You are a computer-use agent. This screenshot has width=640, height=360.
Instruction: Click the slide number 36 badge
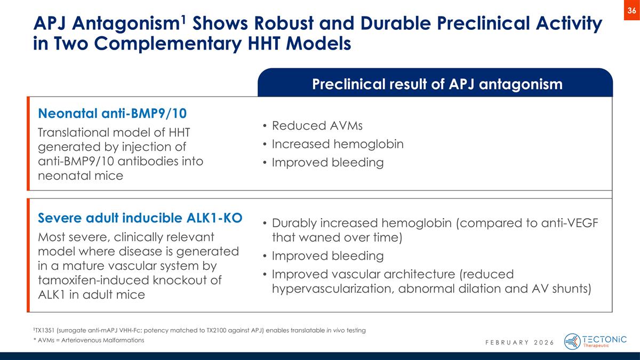pos(631,11)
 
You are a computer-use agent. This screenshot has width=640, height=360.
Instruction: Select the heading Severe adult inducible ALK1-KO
pos(140,218)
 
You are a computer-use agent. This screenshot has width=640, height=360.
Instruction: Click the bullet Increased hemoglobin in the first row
pos(337,144)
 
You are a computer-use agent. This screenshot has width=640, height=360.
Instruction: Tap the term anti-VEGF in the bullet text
pos(569,222)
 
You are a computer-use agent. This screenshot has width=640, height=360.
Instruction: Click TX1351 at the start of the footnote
pos(45,330)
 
